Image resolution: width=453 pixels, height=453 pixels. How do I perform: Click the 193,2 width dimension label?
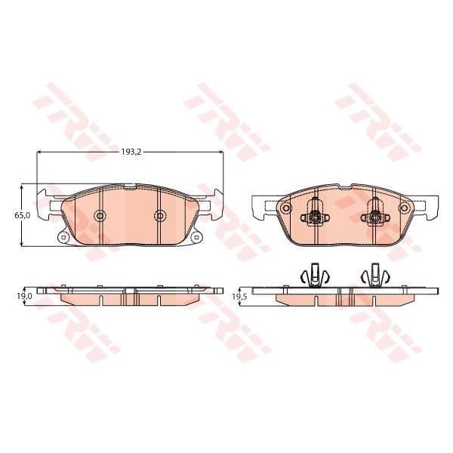click(131, 152)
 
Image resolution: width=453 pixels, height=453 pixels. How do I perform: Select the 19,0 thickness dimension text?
click(25, 297)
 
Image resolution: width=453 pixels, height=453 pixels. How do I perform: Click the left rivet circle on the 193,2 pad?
click(100, 216)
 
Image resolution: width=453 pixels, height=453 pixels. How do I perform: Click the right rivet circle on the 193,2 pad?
click(159, 216)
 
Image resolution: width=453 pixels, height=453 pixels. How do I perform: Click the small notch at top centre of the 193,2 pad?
click(130, 185)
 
